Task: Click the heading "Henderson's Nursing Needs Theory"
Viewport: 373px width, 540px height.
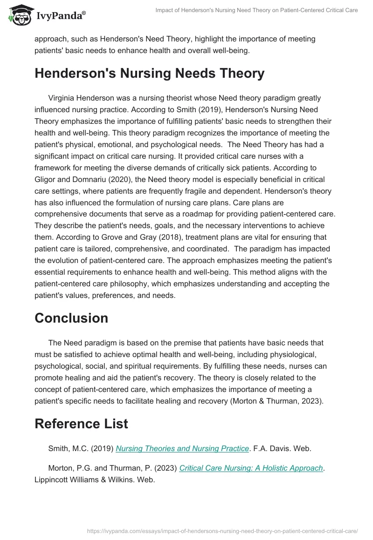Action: click(149, 74)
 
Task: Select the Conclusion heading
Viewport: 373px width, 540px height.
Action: click(71, 318)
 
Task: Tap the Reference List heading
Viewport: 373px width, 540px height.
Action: click(81, 424)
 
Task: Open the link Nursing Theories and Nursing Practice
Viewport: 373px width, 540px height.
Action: click(182, 448)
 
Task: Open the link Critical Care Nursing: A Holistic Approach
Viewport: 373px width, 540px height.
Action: click(251, 468)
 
